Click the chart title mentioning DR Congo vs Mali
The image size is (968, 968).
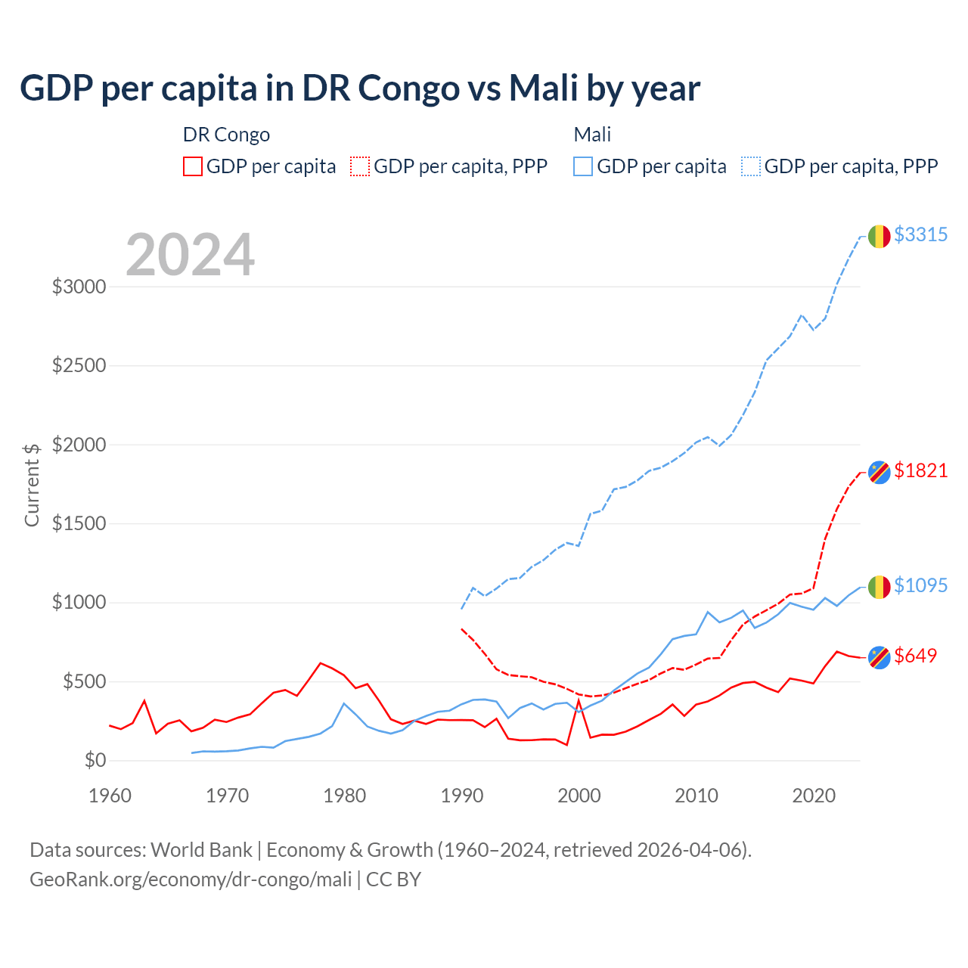click(360, 88)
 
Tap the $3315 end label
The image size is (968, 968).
click(920, 234)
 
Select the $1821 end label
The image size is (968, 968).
click(920, 470)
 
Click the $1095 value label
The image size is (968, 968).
click(920, 585)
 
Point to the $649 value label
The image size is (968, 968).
click(915, 656)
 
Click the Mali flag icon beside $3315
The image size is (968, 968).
click(879, 237)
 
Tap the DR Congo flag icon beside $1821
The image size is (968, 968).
click(879, 472)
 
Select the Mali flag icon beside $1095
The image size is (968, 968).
click(879, 587)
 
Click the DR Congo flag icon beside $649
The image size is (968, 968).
click(879, 657)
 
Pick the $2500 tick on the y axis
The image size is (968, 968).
click(79, 366)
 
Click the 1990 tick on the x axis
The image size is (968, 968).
click(462, 796)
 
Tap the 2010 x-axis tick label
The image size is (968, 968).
click(697, 796)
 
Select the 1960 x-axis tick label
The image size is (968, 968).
click(110, 796)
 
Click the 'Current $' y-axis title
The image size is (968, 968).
click(32, 485)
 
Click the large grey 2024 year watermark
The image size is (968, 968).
click(190, 255)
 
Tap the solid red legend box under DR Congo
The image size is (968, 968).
click(193, 166)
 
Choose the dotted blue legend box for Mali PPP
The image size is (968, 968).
click(751, 166)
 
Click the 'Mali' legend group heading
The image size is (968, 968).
click(592, 135)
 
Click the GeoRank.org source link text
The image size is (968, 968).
click(191, 880)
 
